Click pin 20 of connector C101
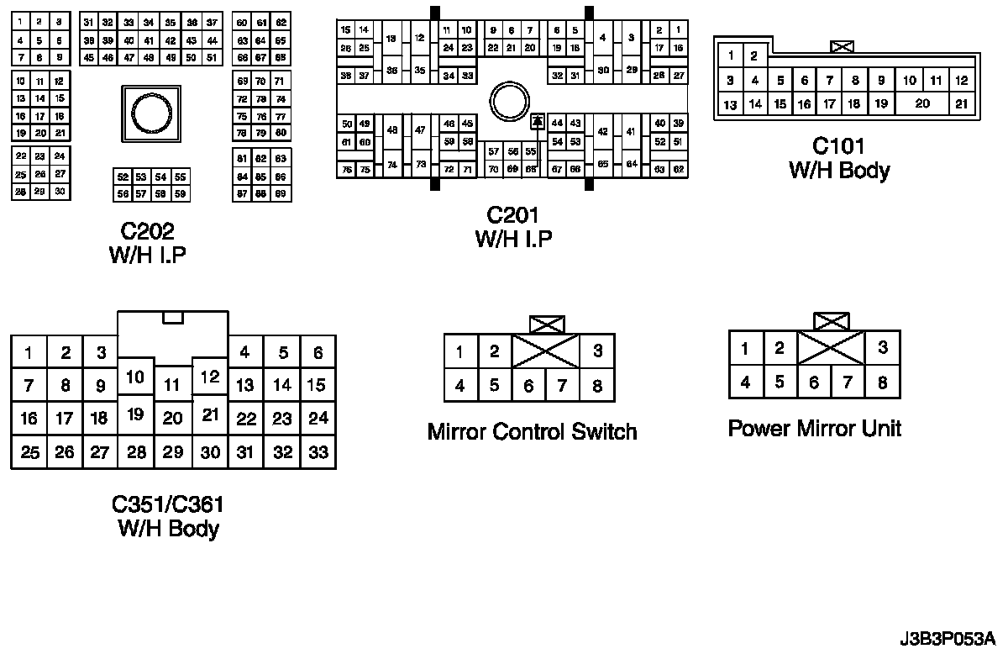point(922,103)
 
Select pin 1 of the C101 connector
point(732,56)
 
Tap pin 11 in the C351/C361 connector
point(172,385)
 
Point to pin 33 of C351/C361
point(318,452)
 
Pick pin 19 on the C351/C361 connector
point(135,414)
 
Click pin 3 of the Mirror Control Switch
point(597,351)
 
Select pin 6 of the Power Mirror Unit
point(814,382)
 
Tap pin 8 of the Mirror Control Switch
point(597,387)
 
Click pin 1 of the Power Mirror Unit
point(745,348)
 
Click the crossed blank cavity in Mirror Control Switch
point(546,351)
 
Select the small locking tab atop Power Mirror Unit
point(832,320)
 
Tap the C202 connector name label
point(147,231)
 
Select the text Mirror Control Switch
point(533,432)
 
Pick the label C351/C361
point(168,505)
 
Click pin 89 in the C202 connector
point(281,194)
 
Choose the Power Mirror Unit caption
point(814,429)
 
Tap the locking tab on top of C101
point(841,47)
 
